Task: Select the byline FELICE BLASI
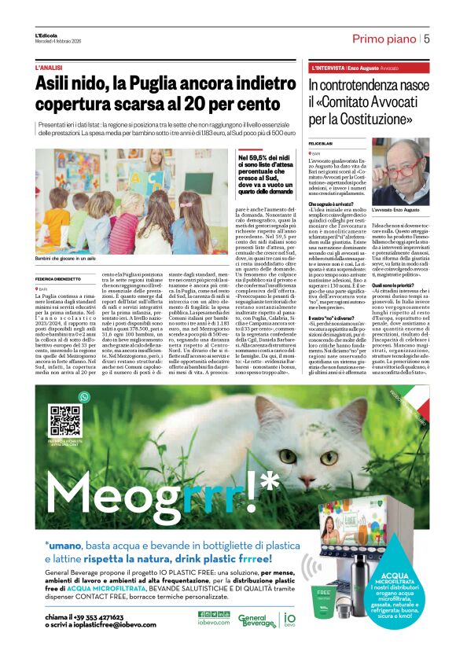[322, 143]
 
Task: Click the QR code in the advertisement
[65, 421]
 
